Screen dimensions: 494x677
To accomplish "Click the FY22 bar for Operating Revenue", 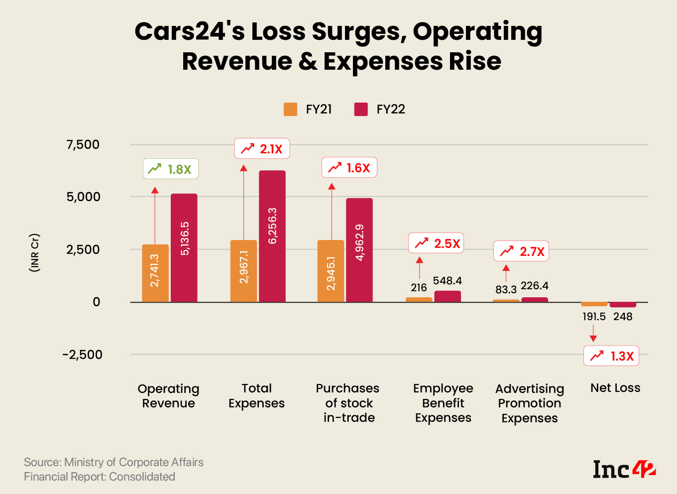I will [x=184, y=247].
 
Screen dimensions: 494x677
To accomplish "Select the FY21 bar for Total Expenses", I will [x=243, y=271].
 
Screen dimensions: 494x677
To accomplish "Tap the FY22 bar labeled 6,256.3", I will [x=272, y=236].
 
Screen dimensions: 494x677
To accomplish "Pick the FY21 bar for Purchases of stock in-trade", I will [x=331, y=271].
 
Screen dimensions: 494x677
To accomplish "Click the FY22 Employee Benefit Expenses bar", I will [x=448, y=296].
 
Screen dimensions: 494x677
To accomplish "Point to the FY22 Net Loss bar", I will [x=623, y=304].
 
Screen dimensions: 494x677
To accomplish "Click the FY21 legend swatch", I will [x=290, y=109].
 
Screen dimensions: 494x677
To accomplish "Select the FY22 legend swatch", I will [x=361, y=109].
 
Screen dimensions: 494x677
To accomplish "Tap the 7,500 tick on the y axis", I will [x=83, y=144].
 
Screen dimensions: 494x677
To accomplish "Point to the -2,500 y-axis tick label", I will [x=82, y=355].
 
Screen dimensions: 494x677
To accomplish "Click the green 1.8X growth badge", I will [x=171, y=169].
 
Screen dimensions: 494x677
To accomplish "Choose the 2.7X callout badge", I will [x=521, y=251].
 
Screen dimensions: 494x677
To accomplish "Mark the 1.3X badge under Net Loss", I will [x=611, y=356].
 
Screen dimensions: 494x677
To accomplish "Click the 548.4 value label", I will [x=447, y=281].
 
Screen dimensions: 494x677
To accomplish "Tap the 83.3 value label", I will [x=506, y=289].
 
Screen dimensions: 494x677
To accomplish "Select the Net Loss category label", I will [x=615, y=388].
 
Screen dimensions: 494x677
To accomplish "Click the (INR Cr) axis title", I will [x=34, y=252].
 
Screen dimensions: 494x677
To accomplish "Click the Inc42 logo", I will [x=624, y=469].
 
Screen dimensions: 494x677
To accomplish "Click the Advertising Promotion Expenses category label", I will [x=530, y=403].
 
